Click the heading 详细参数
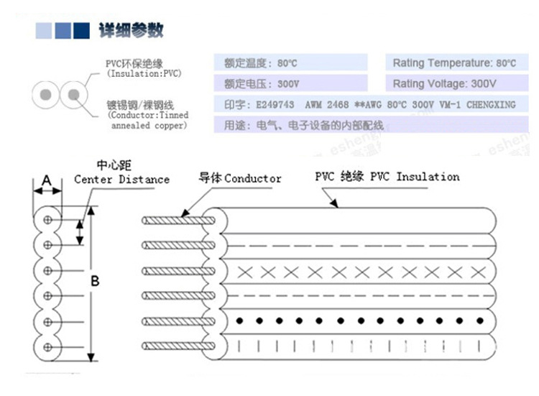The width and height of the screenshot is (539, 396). pos(132,30)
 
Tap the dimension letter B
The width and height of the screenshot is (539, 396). pos(93,281)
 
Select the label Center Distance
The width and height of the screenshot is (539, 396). pos(121,179)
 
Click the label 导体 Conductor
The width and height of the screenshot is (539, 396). pos(240,178)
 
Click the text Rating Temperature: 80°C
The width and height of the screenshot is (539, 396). pos(454,63)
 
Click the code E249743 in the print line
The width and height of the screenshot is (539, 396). pos(275,104)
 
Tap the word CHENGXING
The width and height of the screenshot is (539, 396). pos(491,104)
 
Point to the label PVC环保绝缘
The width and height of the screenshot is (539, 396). pos(134,64)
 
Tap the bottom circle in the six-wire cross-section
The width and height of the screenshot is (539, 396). pos(47,346)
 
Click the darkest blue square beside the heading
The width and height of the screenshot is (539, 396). pos(82,30)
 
